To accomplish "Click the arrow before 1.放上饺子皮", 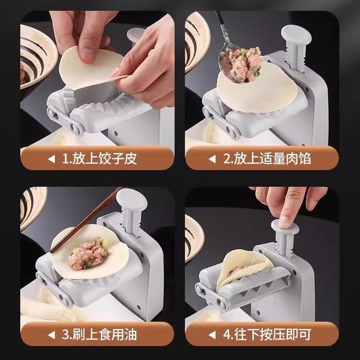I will pyautogui.click(x=52, y=159).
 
